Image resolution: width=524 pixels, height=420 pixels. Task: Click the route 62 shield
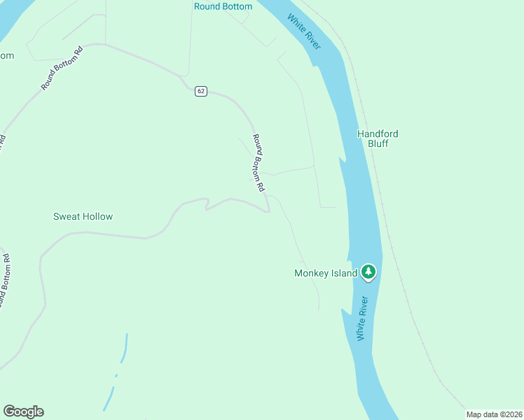pyautogui.click(x=201, y=92)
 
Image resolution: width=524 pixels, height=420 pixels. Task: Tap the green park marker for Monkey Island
pyautogui.click(x=368, y=272)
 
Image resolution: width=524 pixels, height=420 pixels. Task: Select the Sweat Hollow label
pyautogui.click(x=83, y=216)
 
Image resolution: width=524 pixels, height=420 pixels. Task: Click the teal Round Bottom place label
pyautogui.click(x=222, y=7)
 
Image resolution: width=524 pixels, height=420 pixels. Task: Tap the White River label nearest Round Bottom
pyautogui.click(x=304, y=32)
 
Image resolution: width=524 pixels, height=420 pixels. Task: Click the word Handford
pyautogui.click(x=378, y=134)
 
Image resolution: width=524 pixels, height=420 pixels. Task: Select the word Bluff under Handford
pyautogui.click(x=378, y=143)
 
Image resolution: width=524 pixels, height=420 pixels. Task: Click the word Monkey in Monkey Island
pyautogui.click(x=310, y=273)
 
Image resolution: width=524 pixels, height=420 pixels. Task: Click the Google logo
pyautogui.click(x=23, y=412)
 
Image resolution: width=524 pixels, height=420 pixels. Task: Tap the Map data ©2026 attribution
pyautogui.click(x=494, y=414)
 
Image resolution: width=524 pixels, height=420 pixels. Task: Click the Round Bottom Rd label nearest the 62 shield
pyautogui.click(x=258, y=163)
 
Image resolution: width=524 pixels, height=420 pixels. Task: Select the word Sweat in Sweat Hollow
pyautogui.click(x=67, y=216)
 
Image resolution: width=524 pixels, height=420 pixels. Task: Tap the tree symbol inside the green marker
pyautogui.click(x=368, y=271)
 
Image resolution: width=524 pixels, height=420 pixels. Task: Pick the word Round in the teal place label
pyautogui.click(x=207, y=7)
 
